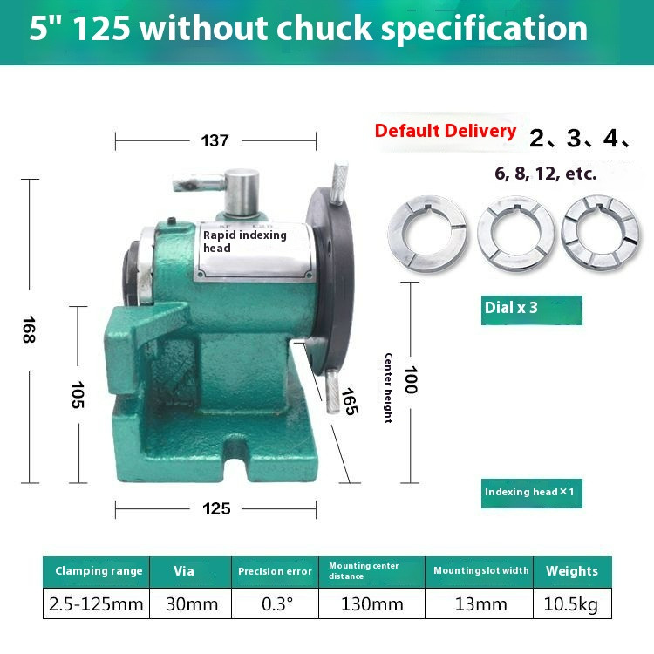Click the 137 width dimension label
coord(215,140)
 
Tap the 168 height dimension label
coord(30,329)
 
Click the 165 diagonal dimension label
coord(348,401)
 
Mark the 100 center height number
coord(410,379)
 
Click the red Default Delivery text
coord(445,131)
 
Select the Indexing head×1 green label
coord(530,492)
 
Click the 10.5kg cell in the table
coord(571,603)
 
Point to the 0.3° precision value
coord(275,603)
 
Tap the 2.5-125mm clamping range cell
coord(97,603)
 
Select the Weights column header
coord(571,571)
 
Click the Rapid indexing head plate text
coord(244,241)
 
